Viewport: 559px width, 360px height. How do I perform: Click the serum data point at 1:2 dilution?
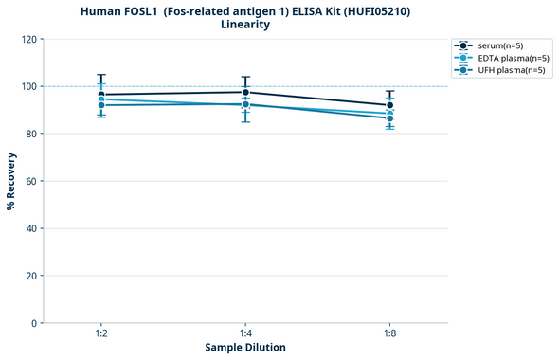(x=101, y=95)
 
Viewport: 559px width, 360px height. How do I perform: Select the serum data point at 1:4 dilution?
(x=245, y=92)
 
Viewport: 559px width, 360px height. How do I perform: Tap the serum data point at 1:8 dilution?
(x=389, y=105)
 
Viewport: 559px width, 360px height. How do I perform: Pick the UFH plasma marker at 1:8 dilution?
(x=389, y=118)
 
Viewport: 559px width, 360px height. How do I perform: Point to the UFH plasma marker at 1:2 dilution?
(x=101, y=105)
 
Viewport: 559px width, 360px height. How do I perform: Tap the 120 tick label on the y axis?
(x=27, y=39)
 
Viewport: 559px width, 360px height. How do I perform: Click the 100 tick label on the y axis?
(x=27, y=86)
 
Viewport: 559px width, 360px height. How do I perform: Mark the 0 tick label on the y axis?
(x=33, y=323)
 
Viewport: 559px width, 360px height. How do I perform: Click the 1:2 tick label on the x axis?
(x=101, y=333)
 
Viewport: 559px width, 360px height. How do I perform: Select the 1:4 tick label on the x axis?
(x=245, y=333)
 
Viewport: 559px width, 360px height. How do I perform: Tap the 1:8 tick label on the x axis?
(x=389, y=333)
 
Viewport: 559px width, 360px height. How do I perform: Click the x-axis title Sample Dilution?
(x=245, y=348)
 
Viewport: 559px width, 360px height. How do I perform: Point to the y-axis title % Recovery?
(x=11, y=181)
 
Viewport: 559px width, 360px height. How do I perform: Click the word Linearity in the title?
(x=244, y=25)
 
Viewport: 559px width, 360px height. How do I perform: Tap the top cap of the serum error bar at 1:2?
(x=101, y=75)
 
